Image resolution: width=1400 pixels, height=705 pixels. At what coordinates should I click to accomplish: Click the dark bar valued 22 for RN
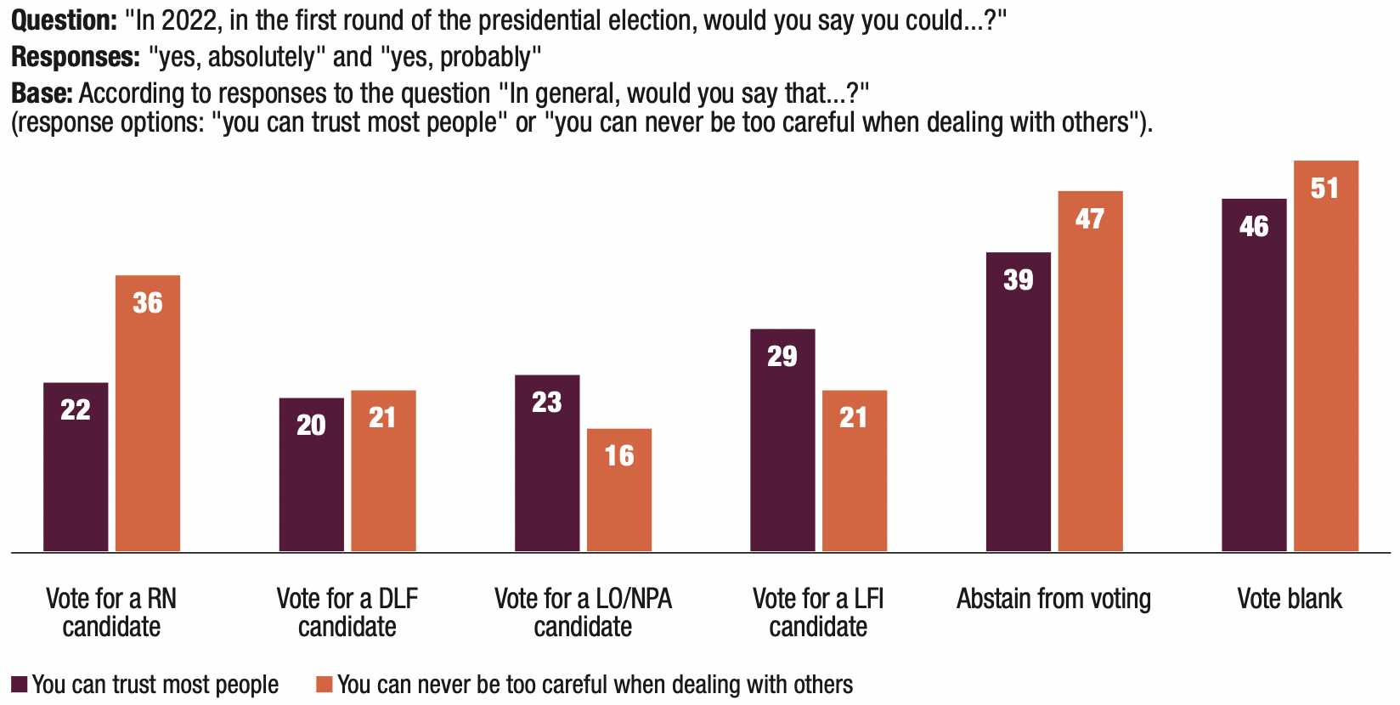(x=76, y=467)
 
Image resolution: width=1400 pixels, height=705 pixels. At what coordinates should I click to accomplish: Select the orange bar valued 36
(x=148, y=414)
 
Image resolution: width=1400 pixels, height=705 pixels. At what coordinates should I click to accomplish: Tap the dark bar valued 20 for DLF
(x=311, y=475)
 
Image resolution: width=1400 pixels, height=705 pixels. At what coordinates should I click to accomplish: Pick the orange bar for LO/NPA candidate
(x=619, y=490)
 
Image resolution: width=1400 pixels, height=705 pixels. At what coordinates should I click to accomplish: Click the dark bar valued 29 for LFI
(x=782, y=440)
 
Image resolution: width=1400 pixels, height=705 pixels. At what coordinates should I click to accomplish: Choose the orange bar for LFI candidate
(x=855, y=471)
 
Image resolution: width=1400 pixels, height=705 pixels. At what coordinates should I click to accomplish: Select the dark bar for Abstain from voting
(x=1018, y=402)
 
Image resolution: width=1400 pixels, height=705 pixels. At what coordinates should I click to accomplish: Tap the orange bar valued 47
(x=1090, y=371)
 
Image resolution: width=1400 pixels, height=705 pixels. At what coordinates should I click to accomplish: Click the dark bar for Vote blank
(x=1254, y=375)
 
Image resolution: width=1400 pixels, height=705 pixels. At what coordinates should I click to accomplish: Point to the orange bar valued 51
(x=1325, y=356)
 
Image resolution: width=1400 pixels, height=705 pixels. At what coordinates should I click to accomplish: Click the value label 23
(x=547, y=402)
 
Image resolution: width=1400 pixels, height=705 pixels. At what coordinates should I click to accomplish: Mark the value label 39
(x=1018, y=279)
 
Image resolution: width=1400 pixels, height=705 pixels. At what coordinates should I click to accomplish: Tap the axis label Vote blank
(x=1289, y=599)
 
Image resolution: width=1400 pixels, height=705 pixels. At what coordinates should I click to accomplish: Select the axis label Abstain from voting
(x=1053, y=599)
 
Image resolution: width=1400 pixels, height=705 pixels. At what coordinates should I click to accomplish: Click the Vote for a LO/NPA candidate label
(x=583, y=612)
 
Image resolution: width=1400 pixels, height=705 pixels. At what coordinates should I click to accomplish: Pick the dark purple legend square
(x=20, y=685)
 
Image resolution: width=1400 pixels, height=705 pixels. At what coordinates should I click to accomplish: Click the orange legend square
(x=324, y=685)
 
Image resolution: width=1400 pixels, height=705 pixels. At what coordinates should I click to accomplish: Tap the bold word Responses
(x=76, y=57)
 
